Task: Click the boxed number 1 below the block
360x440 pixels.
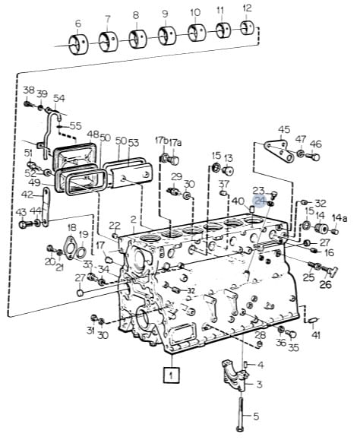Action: coord(172,375)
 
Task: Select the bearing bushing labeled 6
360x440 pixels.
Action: coord(78,45)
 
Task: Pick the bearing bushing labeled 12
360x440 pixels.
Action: coord(248,28)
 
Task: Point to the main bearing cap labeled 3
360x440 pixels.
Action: coord(235,375)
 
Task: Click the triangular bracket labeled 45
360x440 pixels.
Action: coord(279,151)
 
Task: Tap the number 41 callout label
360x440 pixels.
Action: coord(316,335)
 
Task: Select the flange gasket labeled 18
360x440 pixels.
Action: coord(71,248)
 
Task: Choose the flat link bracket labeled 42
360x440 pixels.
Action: coord(46,207)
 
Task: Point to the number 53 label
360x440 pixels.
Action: coord(134,143)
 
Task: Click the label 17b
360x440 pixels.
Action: coord(162,141)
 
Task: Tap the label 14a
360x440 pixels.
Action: coord(339,218)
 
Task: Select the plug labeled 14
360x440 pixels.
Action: coord(320,228)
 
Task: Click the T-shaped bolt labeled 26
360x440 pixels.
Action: coord(330,271)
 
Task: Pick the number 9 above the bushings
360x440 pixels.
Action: coord(165,13)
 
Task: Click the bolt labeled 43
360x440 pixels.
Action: coord(26,224)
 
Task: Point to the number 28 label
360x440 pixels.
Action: coord(260,335)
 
